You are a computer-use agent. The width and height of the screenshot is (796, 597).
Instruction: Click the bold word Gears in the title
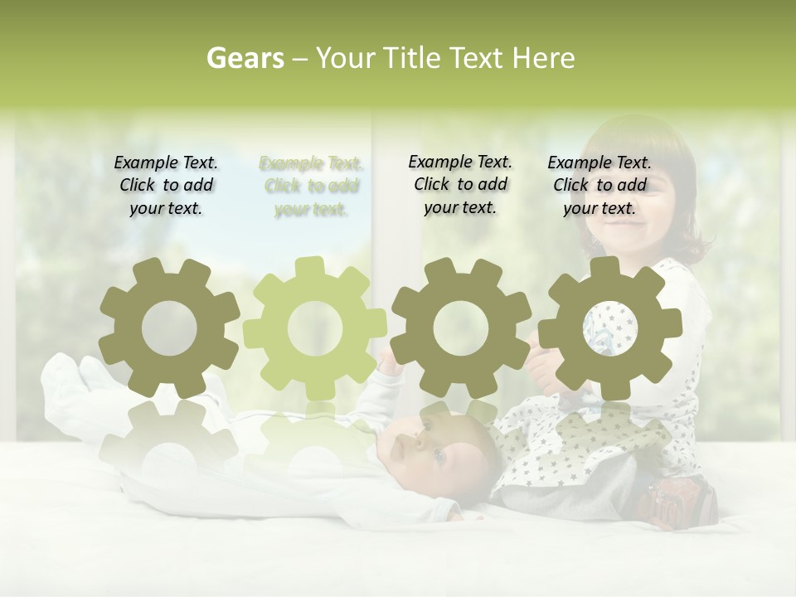(x=245, y=58)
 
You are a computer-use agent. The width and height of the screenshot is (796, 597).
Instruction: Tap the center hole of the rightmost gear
(x=609, y=328)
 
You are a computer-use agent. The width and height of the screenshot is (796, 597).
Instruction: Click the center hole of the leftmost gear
(x=169, y=329)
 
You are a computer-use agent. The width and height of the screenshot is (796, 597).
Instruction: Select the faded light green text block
(x=311, y=187)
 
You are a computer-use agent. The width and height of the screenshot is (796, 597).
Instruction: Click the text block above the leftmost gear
(x=166, y=186)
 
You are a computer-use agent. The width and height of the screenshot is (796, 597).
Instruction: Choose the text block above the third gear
(x=460, y=185)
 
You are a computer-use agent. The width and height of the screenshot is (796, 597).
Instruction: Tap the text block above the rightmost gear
(x=599, y=186)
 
